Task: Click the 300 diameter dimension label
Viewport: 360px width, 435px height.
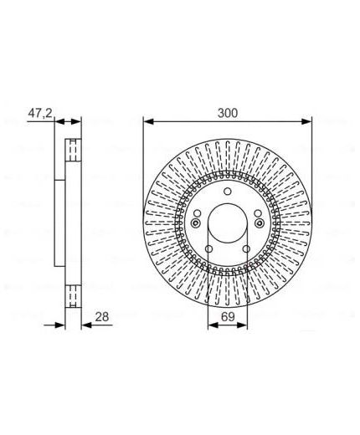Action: click(x=228, y=113)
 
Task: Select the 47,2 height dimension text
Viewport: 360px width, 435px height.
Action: click(x=40, y=113)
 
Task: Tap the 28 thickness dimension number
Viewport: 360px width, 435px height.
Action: click(x=102, y=317)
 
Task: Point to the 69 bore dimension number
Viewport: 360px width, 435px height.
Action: click(x=228, y=317)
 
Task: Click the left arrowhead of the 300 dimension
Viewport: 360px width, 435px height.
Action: click(x=148, y=121)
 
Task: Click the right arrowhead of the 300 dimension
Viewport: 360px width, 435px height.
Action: click(x=306, y=121)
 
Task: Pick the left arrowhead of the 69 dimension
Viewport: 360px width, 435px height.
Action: click(x=213, y=325)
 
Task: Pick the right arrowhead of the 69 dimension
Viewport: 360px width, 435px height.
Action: click(x=242, y=325)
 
